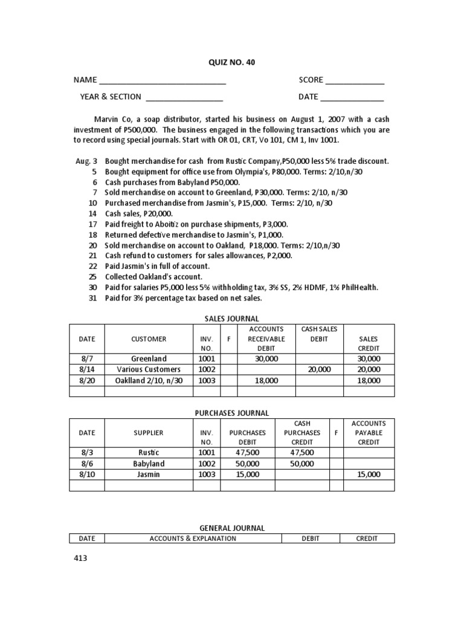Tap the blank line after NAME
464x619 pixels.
(x=163, y=80)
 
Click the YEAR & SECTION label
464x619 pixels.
(x=111, y=97)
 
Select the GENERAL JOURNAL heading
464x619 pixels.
(x=233, y=528)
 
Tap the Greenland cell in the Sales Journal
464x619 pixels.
(x=149, y=358)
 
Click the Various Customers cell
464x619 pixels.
(x=149, y=369)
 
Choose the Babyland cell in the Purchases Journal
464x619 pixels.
(x=149, y=464)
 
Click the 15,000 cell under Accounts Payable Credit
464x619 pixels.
(x=369, y=475)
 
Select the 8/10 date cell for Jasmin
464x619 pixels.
(x=87, y=475)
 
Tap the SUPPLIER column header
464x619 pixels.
(x=149, y=433)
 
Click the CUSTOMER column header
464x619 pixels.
(x=149, y=339)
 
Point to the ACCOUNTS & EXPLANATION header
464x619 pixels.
(x=193, y=538)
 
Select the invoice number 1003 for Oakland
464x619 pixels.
(x=207, y=380)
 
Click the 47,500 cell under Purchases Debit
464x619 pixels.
(x=248, y=453)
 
